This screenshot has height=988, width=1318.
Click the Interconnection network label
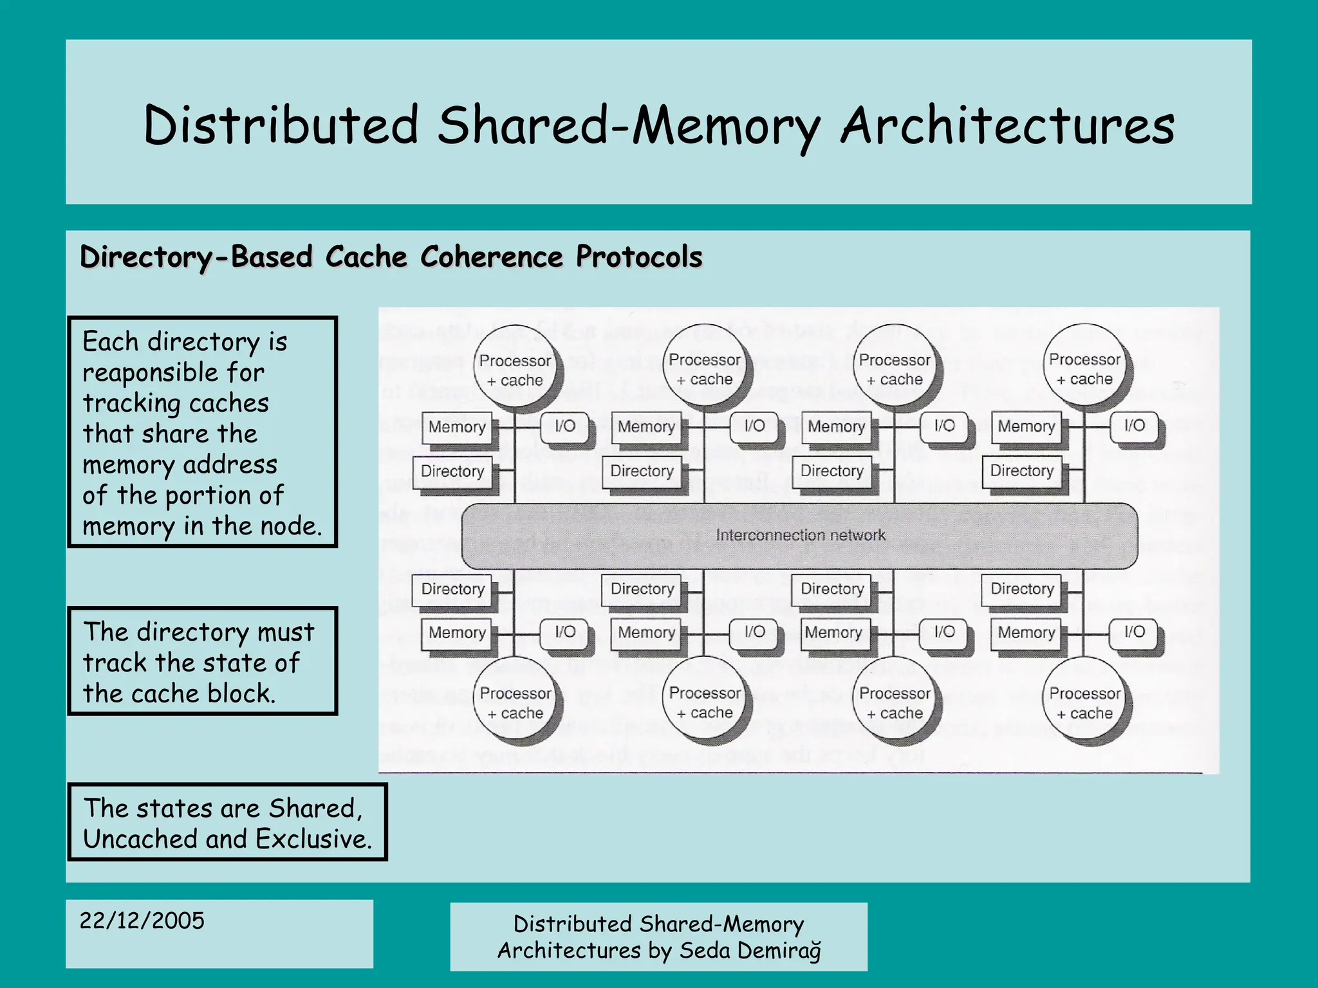click(x=800, y=535)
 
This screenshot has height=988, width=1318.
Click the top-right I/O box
click(x=1134, y=426)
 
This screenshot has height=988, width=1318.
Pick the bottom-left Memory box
click(x=457, y=632)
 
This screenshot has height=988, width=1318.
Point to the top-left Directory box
click(x=452, y=471)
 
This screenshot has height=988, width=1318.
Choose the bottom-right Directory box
click(x=1022, y=589)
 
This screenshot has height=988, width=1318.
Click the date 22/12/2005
click(x=142, y=920)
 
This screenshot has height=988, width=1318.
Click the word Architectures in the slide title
click(x=1007, y=125)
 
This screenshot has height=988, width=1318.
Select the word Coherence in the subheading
click(x=492, y=257)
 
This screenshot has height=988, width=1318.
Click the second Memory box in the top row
click(x=646, y=427)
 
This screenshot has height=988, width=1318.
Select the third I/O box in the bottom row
click(x=944, y=632)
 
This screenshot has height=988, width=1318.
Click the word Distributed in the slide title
click(x=281, y=125)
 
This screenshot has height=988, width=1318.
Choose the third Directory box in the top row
click(x=831, y=471)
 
